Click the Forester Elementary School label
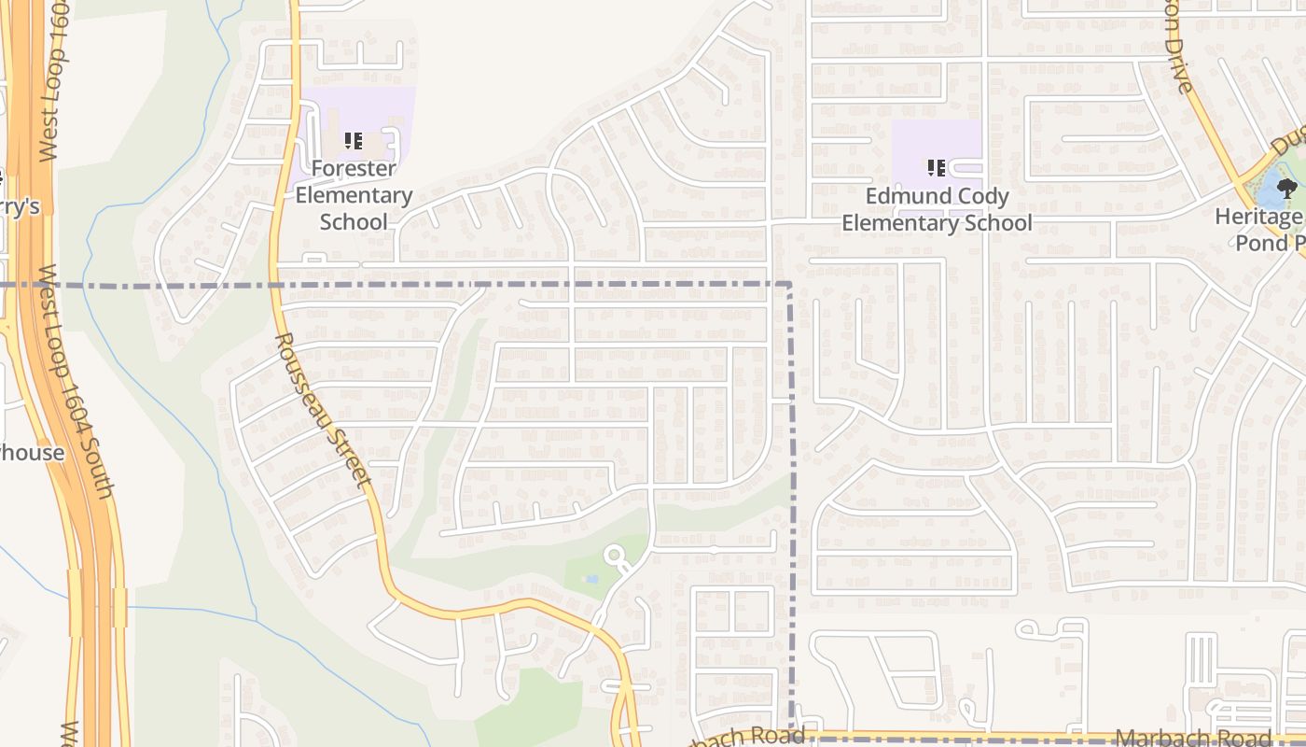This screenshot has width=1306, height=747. [354, 195]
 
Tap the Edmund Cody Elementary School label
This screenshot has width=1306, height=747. [937, 209]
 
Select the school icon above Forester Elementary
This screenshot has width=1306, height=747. [353, 141]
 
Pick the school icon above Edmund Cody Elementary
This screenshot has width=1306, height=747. [937, 168]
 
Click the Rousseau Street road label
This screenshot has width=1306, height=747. [323, 409]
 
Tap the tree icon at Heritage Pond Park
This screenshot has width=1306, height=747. [1287, 189]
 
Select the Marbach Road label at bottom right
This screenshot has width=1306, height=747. [1194, 738]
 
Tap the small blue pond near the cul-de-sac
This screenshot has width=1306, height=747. [590, 579]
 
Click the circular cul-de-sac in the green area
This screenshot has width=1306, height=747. [614, 557]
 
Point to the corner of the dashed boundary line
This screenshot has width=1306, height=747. [791, 283]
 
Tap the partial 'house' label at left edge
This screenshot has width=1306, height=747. [32, 453]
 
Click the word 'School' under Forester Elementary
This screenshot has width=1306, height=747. [354, 222]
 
